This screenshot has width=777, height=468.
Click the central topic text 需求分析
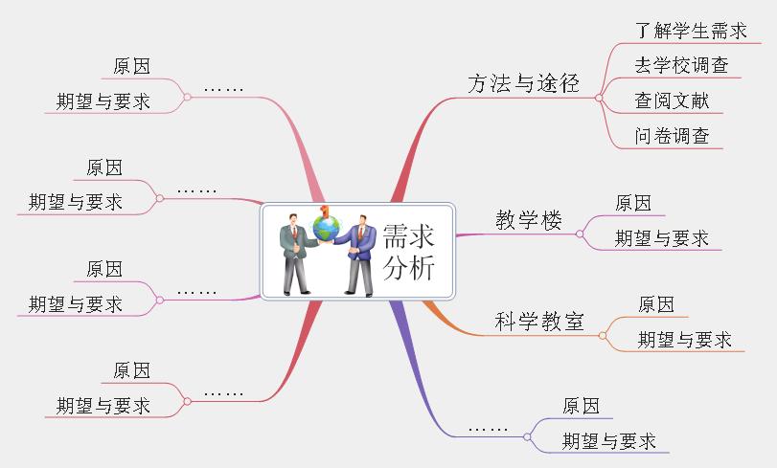(x=408, y=253)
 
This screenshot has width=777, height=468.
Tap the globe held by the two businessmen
(x=327, y=227)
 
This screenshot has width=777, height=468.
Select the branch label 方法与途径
(x=524, y=84)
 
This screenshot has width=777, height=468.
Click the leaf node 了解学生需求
(x=691, y=31)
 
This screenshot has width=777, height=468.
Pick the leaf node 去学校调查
(x=681, y=66)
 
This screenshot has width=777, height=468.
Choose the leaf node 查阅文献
(x=672, y=100)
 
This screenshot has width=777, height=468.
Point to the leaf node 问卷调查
(x=672, y=136)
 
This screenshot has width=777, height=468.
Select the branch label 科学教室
(x=539, y=322)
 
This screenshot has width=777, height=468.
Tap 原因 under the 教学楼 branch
(x=633, y=203)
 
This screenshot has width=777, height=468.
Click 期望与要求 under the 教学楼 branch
(x=662, y=238)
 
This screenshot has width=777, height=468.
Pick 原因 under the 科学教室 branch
(x=656, y=304)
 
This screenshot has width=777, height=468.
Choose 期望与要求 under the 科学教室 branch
(x=685, y=340)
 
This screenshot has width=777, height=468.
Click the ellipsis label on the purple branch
(x=489, y=426)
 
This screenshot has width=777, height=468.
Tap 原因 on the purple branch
(x=582, y=406)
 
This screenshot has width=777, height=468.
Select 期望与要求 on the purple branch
(x=609, y=441)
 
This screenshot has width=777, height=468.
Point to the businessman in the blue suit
(x=360, y=256)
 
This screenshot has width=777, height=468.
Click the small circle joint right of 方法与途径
(x=598, y=97)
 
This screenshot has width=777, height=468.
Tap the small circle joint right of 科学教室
(x=603, y=335)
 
